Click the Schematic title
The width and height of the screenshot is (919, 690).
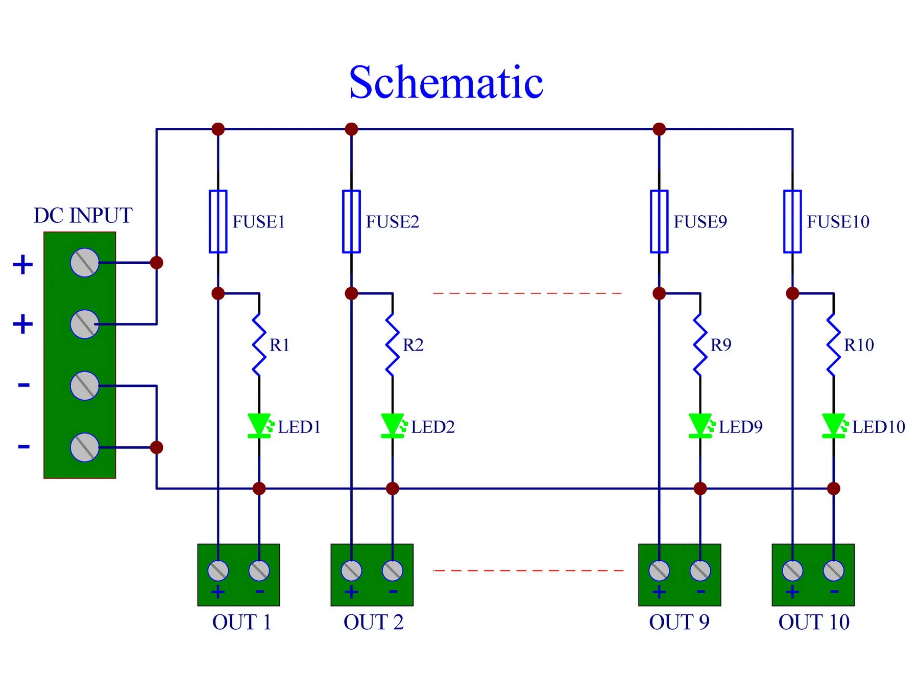pyautogui.click(x=446, y=82)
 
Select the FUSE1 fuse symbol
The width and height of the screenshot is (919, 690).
pyautogui.click(x=218, y=221)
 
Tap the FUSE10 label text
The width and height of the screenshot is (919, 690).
pyautogui.click(x=838, y=222)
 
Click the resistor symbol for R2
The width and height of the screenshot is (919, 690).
pyautogui.click(x=392, y=345)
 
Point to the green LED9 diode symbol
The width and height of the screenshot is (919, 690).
pyautogui.click(x=700, y=426)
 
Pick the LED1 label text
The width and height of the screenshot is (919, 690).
pyautogui.click(x=299, y=427)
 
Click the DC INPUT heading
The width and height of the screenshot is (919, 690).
pyautogui.click(x=83, y=215)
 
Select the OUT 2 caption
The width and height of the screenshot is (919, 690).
pyautogui.click(x=373, y=622)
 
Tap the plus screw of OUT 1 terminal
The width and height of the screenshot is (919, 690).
pyautogui.click(x=218, y=570)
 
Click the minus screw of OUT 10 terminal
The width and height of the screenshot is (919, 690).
pyautogui.click(x=834, y=570)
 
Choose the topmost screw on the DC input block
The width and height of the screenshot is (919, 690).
pyautogui.click(x=85, y=263)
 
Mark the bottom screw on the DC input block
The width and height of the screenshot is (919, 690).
pyautogui.click(x=85, y=447)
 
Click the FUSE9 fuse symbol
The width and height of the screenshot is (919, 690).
pyautogui.click(x=659, y=221)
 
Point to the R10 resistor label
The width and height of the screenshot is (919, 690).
pyautogui.click(x=859, y=345)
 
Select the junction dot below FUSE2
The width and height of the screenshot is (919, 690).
pyautogui.click(x=351, y=293)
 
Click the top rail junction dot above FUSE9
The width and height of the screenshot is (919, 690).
pyautogui.click(x=659, y=129)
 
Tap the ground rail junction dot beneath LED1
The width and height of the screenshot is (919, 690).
pyautogui.click(x=259, y=488)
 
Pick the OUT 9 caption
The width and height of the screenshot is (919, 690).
pyautogui.click(x=679, y=622)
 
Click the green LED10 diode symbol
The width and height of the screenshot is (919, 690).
pyautogui.click(x=833, y=426)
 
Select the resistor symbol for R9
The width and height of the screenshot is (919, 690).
pyautogui.click(x=700, y=345)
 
